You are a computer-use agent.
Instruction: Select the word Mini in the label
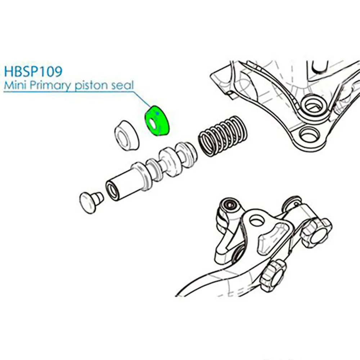coord(13,85)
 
